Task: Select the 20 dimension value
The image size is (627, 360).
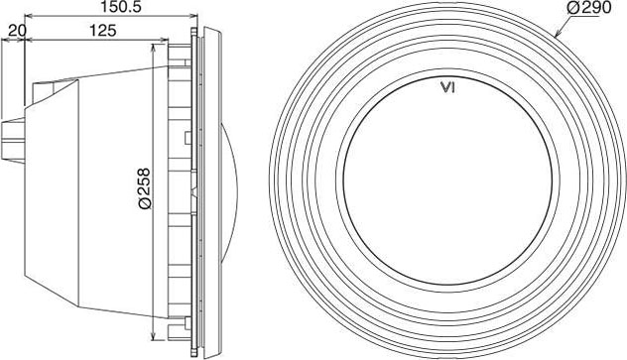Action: [x=17, y=30]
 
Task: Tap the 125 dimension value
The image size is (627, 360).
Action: [x=102, y=30]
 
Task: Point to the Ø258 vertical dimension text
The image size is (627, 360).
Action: [x=144, y=188]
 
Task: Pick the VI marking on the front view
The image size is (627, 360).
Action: [x=447, y=87]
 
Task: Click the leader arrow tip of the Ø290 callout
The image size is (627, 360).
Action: [x=555, y=37]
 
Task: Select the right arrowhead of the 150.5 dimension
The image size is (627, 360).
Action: [x=193, y=16]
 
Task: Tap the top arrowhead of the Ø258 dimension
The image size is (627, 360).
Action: [x=154, y=48]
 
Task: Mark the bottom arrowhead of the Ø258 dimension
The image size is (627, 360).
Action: [x=154, y=336]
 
